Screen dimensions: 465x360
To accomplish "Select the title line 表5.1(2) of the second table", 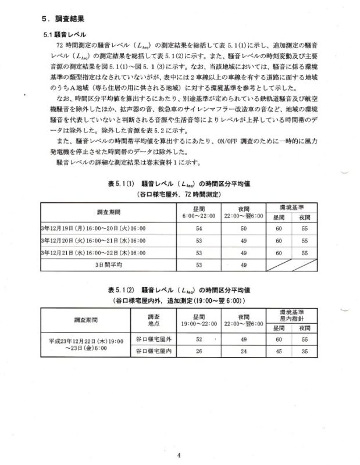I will point(180,289).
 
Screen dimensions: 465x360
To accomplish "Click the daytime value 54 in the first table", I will point(199,228).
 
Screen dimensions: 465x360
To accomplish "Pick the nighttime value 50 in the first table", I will point(244,228).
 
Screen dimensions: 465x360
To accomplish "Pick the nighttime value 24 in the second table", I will point(244,351).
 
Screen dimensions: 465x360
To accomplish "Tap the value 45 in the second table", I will point(279,351).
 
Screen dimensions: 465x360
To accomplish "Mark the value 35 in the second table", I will point(304,351).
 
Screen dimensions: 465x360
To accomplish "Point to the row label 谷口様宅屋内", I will point(154,351).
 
